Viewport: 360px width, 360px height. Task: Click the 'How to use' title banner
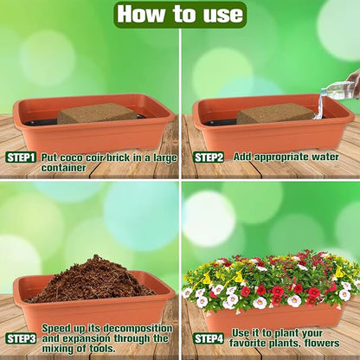(x=180, y=14)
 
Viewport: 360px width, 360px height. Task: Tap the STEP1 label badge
(x=21, y=157)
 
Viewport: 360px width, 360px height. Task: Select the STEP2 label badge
(x=209, y=157)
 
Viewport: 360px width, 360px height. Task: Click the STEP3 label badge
(x=21, y=338)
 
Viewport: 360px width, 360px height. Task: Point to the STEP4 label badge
(x=209, y=338)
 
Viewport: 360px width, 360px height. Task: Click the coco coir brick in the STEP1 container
(x=97, y=112)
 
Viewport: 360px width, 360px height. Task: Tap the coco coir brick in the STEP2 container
(x=275, y=113)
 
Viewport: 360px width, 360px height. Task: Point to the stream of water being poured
(x=320, y=105)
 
